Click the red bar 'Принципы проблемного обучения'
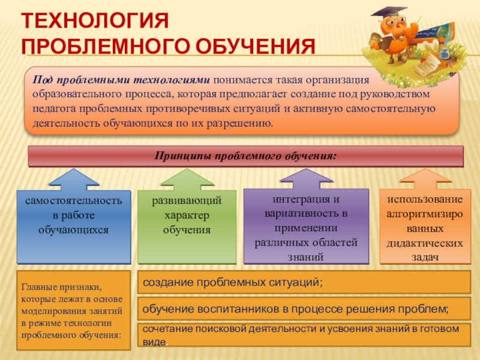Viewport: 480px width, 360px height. point(246,156)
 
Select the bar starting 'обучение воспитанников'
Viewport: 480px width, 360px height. point(295,309)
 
